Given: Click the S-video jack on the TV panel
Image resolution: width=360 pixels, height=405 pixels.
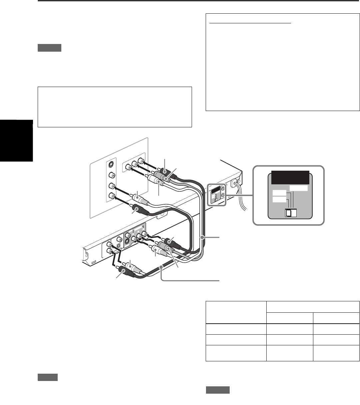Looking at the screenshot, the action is coord(111,165).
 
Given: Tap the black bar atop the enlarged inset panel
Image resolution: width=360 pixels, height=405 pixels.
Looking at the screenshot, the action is coord(289,177).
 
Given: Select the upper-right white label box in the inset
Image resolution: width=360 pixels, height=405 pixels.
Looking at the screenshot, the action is coord(298,188).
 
